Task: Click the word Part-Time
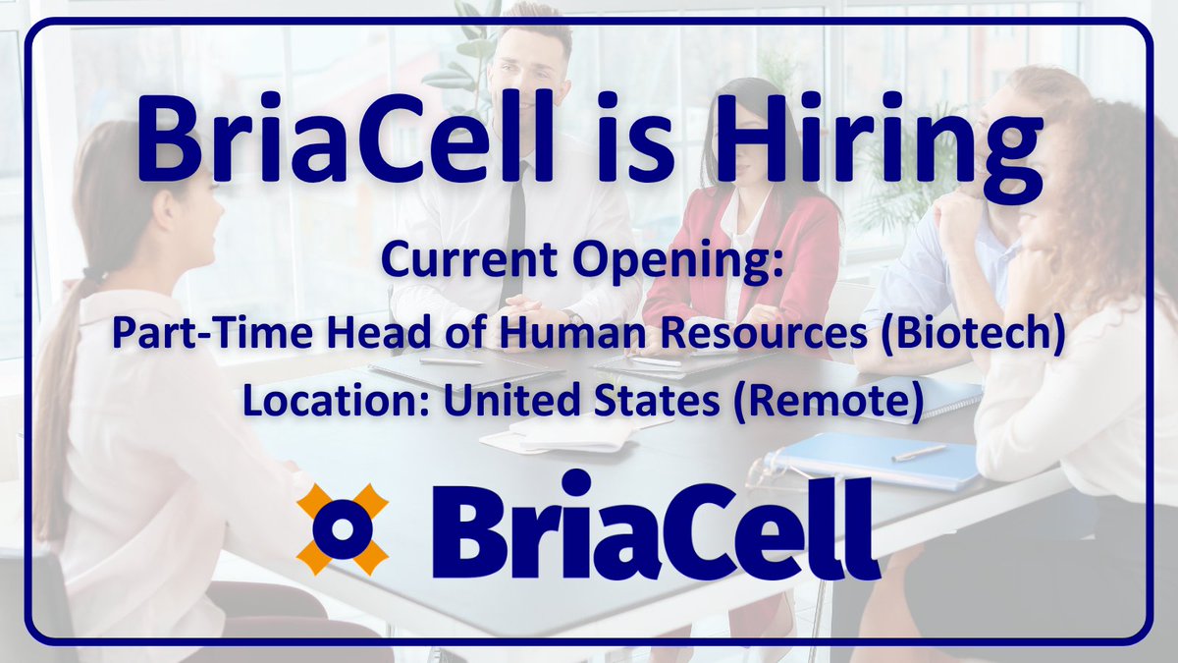pyautogui.click(x=181, y=334)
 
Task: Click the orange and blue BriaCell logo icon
pyautogui.click(x=343, y=528)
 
